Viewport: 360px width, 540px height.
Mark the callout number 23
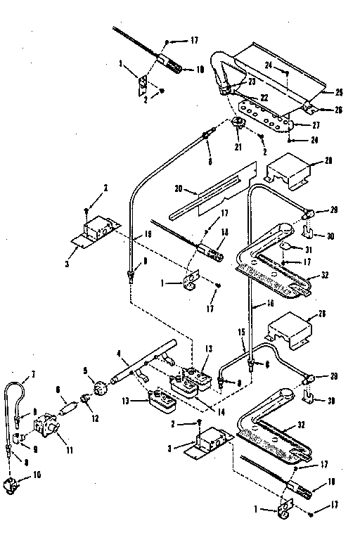[250, 82]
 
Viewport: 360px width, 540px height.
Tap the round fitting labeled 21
[238, 124]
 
